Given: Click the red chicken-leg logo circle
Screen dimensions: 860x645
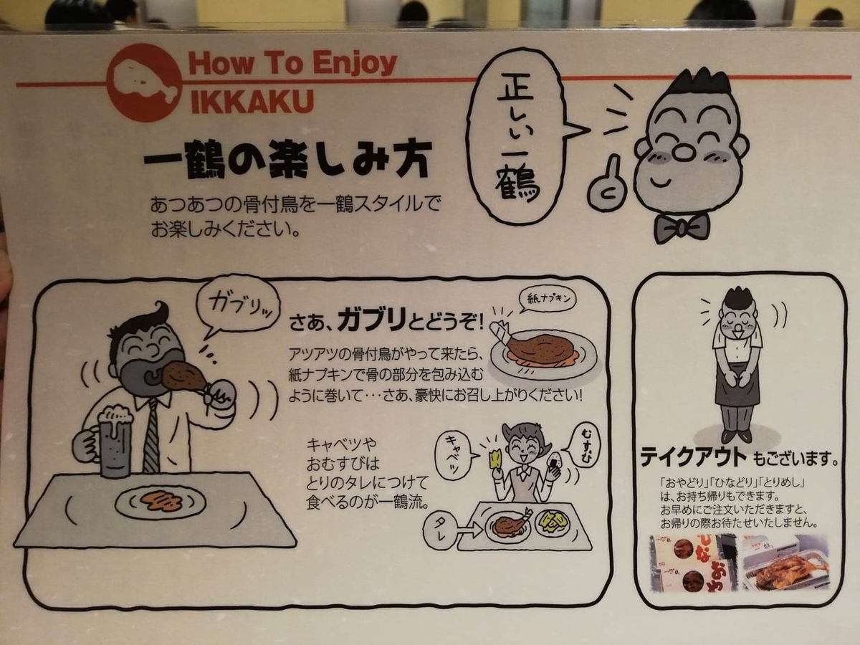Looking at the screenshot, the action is pos(145,82).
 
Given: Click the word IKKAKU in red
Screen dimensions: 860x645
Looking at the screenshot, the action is pos(252,101).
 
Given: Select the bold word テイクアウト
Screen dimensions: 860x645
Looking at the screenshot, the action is pos(693,457).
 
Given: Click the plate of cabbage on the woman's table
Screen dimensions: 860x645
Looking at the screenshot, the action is pos(553,523).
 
